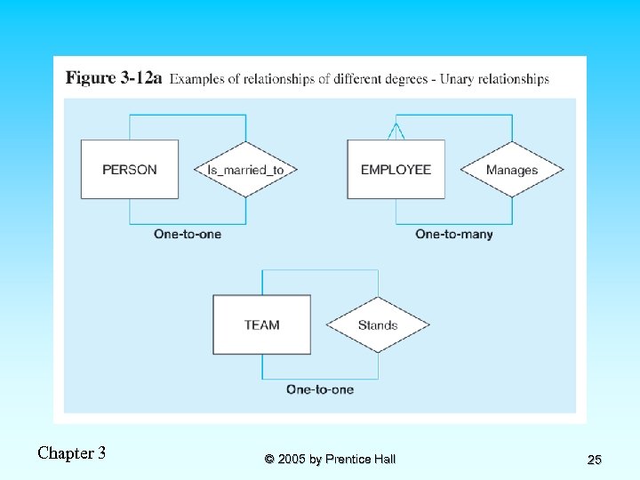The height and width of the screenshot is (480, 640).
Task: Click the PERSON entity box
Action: click(x=130, y=170)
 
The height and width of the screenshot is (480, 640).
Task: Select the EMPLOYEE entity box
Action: click(x=396, y=170)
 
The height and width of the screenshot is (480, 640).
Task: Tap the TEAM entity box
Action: click(x=262, y=324)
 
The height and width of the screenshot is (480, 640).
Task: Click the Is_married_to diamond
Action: click(x=245, y=170)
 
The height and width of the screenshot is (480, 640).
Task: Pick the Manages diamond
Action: click(x=512, y=170)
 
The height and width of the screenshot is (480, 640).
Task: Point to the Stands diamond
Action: click(x=378, y=325)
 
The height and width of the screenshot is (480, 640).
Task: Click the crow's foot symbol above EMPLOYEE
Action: click(x=396, y=132)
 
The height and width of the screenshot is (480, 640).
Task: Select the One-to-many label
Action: click(x=454, y=235)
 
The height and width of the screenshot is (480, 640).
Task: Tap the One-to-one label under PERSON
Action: click(x=188, y=235)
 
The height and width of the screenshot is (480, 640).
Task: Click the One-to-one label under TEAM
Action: click(x=320, y=389)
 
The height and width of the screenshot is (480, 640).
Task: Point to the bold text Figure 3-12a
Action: click(x=114, y=77)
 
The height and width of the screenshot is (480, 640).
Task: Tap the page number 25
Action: click(x=595, y=460)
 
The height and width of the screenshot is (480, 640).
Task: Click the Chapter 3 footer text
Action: click(x=71, y=453)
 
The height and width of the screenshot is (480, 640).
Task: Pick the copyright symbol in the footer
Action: click(x=269, y=460)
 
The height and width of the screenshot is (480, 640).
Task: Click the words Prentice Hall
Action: click(x=360, y=460)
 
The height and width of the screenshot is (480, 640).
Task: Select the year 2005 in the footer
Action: click(x=292, y=460)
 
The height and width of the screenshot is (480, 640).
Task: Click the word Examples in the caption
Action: click(x=196, y=79)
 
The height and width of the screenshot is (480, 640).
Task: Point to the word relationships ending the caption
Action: click(x=514, y=79)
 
